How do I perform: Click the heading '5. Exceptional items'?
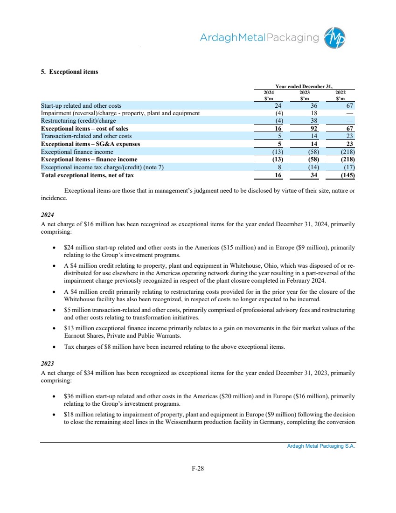tap(69, 72)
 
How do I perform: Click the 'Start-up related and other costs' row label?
tap(81, 106)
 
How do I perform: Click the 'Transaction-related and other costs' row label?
tap(86, 136)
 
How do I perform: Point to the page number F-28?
tap(198, 468)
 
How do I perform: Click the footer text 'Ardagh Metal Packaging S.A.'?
tap(321, 446)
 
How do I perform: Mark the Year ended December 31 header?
tap(304, 86)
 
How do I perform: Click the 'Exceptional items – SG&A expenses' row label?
tap(90, 144)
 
